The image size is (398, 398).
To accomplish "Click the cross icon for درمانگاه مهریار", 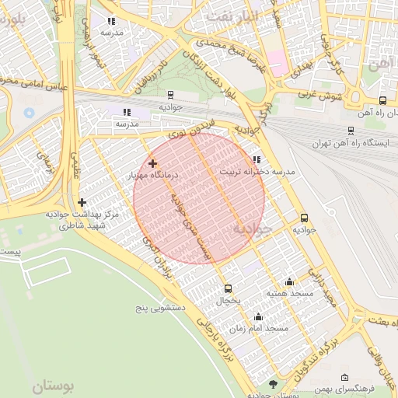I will point(152,163).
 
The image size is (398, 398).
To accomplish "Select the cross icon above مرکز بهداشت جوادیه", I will point(82,202).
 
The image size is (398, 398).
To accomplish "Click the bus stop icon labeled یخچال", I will point(227,288).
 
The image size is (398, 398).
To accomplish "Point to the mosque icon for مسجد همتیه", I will point(290,282).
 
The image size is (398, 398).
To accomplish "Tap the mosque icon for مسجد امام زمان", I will point(258,317).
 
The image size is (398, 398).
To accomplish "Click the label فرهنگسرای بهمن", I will point(347,387).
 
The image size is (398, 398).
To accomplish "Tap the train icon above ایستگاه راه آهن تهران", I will point(352,131).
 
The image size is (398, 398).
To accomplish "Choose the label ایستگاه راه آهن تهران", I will point(343,144).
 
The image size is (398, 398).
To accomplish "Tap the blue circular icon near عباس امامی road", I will point(30,113).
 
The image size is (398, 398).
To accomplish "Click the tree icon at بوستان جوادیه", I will point(272,385).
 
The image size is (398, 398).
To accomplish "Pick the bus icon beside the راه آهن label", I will point(382,100).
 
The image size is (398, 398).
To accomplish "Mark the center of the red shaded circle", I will point(200,197).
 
